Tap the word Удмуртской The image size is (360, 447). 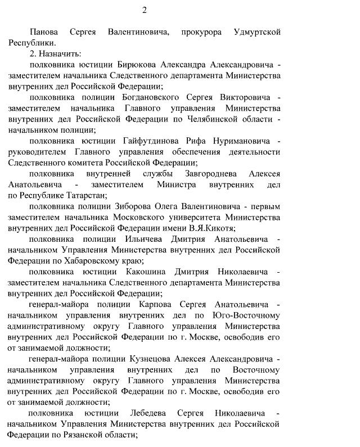click(x=256, y=33)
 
